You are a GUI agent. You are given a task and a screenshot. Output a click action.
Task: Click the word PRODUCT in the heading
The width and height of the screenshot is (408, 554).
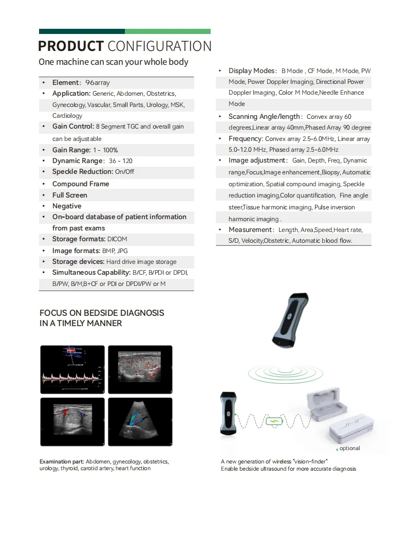click(70, 46)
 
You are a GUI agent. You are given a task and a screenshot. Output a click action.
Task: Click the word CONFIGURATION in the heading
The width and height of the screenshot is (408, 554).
click(159, 46)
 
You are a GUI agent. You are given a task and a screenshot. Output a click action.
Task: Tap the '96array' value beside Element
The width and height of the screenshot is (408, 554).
click(98, 82)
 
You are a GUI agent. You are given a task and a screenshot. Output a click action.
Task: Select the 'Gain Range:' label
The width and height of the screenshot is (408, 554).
click(71, 150)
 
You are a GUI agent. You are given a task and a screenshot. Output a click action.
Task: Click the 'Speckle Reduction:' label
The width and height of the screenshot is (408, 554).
click(82, 172)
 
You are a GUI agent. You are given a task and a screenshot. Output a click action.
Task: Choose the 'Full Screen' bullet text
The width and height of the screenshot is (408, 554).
click(70, 195)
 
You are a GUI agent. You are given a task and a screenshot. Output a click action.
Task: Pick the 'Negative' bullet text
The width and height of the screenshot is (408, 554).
click(67, 206)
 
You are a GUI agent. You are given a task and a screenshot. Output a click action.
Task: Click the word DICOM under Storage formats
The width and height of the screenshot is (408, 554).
click(117, 239)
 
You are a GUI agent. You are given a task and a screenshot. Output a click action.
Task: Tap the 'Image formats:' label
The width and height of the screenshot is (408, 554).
click(76, 251)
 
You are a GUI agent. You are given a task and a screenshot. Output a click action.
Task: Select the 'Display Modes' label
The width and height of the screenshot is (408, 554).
click(251, 71)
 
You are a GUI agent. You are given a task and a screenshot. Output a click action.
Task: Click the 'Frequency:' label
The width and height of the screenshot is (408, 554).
click(246, 139)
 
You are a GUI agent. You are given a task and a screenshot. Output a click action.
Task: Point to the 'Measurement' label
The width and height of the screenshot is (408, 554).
click(250, 230)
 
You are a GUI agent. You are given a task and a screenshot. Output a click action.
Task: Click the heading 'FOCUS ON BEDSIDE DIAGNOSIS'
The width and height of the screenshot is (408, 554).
click(102, 313)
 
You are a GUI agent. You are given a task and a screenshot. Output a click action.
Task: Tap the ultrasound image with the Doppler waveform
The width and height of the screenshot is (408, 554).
click(72, 369)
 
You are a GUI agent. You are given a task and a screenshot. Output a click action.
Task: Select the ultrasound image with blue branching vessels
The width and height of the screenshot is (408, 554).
click(140, 421)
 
